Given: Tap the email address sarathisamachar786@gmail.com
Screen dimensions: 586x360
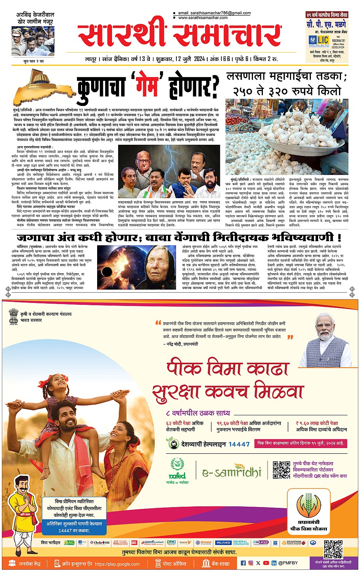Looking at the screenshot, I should coord(214,13).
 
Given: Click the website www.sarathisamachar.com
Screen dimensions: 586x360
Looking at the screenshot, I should coord(203,18).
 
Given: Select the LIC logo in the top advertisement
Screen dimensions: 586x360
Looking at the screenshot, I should coord(319,40).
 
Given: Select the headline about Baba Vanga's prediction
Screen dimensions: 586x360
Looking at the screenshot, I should coord(179,237).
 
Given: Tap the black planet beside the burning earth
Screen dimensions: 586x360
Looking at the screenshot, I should coord(107,272).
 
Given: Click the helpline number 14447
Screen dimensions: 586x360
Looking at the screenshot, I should coord(239,444).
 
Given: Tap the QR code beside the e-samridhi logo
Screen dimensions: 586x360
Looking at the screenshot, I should coord(281,470).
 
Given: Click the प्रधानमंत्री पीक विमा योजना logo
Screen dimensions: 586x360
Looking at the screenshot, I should coord(309,511).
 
